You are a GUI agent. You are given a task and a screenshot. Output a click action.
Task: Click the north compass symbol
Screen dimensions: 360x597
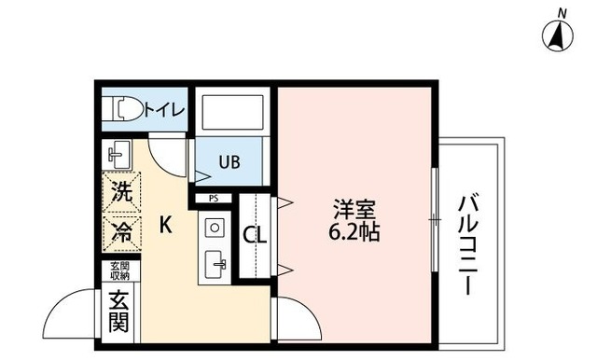[557, 36]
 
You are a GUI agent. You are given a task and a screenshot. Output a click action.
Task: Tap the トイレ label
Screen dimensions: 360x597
[165, 109]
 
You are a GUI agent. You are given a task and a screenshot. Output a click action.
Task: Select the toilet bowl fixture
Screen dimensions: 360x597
[123, 109]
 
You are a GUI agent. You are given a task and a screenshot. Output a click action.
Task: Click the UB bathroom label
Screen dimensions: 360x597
[229, 160]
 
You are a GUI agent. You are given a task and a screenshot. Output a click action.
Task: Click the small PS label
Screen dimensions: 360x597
[214, 198]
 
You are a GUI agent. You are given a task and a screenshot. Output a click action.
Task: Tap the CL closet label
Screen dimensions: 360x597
[255, 235]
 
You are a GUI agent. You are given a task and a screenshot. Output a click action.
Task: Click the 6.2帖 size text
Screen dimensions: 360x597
[353, 233]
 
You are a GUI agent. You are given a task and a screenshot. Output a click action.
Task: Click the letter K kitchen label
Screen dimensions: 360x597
[164, 225]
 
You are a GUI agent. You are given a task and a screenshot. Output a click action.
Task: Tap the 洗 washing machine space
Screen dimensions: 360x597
[120, 194]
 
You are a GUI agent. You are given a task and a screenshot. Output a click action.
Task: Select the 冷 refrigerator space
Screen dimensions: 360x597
[120, 228]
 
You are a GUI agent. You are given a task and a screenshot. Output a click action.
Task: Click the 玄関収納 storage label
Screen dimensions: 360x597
[119, 271]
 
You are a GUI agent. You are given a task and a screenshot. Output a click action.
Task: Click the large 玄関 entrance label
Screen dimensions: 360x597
[119, 312]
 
